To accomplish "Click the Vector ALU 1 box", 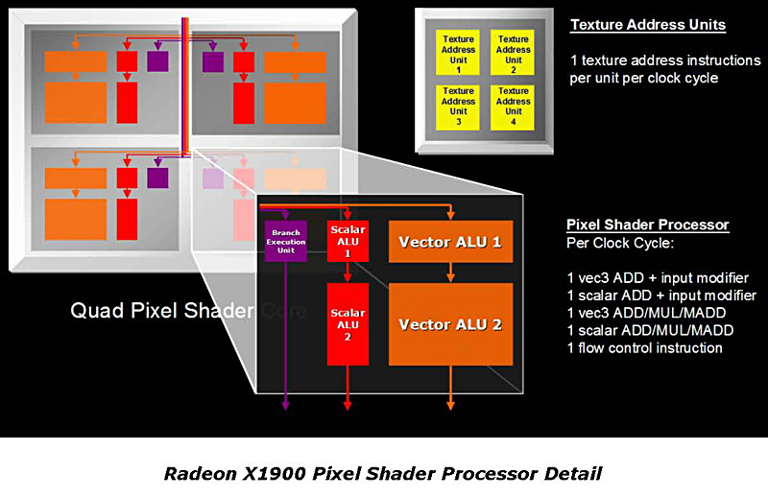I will point(450,242).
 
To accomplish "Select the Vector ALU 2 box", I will point(450,323).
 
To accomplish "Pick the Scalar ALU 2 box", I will point(347,323).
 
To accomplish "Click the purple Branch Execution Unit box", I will point(285,242).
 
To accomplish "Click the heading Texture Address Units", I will point(647,25).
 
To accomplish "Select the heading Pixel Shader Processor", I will point(647,225).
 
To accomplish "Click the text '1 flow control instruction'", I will point(644,348).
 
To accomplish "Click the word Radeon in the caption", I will point(196,473).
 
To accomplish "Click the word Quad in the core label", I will point(92,311).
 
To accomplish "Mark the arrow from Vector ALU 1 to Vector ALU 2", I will point(450,272).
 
